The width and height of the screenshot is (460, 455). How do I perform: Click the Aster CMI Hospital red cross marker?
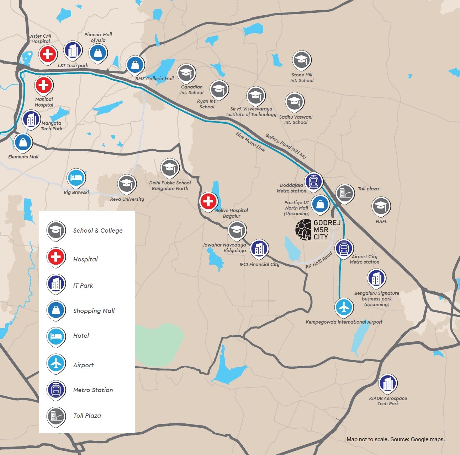48,54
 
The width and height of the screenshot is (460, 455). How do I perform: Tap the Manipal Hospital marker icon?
44,85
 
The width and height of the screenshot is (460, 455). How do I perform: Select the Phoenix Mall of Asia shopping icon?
98,53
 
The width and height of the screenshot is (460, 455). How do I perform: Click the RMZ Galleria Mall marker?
135,65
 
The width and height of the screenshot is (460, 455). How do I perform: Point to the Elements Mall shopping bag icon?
23,142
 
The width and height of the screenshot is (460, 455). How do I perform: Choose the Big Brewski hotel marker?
76,178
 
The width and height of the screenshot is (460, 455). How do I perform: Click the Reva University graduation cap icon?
127,184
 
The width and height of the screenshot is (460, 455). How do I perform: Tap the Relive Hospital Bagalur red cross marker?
208,202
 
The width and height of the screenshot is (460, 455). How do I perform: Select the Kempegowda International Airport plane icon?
344,307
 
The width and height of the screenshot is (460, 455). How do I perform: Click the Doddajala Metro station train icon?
313,182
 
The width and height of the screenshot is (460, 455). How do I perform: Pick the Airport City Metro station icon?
344,248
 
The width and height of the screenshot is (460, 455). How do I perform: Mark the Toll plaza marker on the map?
345,193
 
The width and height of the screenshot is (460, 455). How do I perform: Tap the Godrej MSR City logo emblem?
303,230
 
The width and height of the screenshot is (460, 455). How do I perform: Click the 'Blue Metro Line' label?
250,142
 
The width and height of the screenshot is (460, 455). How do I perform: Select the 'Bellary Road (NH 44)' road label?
285,146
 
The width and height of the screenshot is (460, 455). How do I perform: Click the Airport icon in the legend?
56,363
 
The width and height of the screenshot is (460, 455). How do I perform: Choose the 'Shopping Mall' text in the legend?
94,311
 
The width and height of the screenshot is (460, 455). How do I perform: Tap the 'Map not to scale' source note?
395,439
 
